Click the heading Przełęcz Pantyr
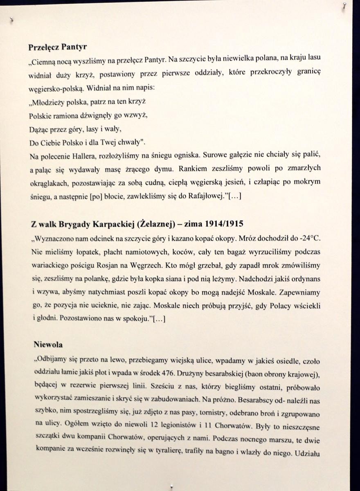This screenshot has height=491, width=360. [57, 47]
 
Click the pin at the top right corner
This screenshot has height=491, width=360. [344, 6]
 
